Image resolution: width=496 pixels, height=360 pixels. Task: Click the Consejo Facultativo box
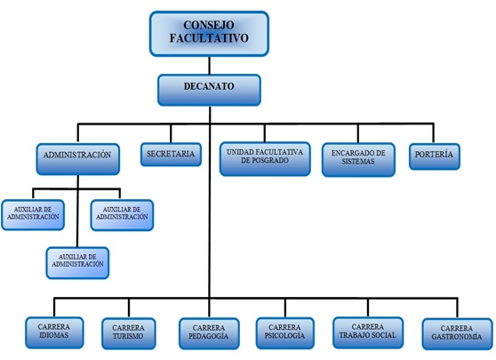click(x=209, y=34)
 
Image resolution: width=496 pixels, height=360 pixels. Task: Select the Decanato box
click(x=209, y=90)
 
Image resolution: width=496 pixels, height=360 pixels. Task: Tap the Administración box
click(x=78, y=159)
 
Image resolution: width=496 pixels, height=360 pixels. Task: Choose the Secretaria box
click(x=171, y=155)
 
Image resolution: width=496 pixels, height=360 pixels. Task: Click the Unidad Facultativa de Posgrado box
click(x=265, y=159)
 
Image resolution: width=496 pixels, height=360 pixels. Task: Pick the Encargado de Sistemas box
click(x=358, y=159)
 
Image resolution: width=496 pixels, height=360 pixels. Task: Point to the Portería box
click(x=435, y=156)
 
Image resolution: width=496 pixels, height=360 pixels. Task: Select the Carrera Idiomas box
click(x=54, y=332)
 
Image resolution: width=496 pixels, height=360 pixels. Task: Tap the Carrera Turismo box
click(x=128, y=333)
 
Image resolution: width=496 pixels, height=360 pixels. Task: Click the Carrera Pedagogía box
click(x=209, y=333)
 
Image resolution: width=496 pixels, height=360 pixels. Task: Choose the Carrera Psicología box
click(x=284, y=333)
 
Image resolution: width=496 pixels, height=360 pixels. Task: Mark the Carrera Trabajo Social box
click(x=368, y=332)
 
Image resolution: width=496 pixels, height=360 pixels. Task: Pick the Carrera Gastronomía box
click(x=457, y=333)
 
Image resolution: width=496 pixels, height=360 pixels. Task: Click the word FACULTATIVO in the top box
click(x=209, y=38)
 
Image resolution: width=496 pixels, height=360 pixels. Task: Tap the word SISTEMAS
click(x=358, y=162)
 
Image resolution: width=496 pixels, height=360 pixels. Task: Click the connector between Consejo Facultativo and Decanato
click(x=210, y=66)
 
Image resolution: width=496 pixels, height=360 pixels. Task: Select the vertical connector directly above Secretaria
click(x=171, y=133)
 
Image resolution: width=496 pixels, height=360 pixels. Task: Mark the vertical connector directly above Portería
click(x=434, y=133)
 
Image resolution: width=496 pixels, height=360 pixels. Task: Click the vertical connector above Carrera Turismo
click(x=129, y=308)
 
